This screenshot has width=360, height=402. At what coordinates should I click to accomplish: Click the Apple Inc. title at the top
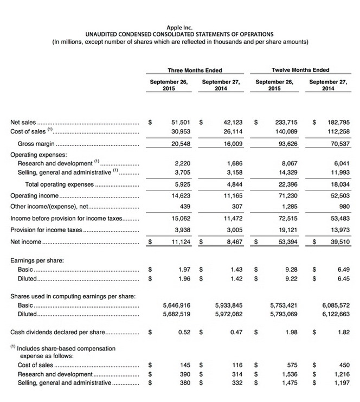click(x=180, y=27)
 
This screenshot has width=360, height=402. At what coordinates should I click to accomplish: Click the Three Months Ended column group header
click(x=195, y=70)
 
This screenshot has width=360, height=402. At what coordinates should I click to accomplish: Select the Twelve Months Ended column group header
click(x=300, y=70)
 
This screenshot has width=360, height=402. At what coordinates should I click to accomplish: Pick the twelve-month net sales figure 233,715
click(x=285, y=123)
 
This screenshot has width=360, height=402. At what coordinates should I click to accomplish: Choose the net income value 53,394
click(x=286, y=242)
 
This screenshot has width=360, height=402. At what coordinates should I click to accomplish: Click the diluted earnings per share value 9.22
click(x=291, y=279)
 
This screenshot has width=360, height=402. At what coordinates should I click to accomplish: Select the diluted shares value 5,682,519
click(x=176, y=315)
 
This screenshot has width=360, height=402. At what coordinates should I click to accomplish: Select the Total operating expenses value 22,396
click(x=286, y=184)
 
